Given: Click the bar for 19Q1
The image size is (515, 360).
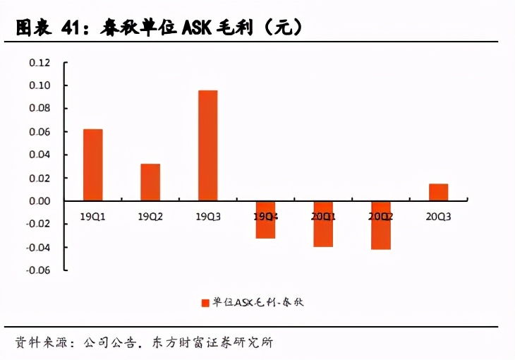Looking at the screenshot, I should click(x=92, y=164).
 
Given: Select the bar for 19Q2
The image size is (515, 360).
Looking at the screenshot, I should click(x=150, y=182).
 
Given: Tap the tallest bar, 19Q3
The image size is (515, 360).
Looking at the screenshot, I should click(x=207, y=145).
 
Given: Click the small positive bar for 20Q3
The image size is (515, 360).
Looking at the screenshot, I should click(x=438, y=192).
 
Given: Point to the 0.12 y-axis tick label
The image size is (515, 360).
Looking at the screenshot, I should click(x=40, y=63).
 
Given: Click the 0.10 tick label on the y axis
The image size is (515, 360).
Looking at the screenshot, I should click(x=40, y=85).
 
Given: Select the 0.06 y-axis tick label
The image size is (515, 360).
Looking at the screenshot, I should click(x=40, y=132).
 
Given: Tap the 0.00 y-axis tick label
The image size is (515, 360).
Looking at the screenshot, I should click(x=40, y=201).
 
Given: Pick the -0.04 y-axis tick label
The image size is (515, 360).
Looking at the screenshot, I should click(x=38, y=247).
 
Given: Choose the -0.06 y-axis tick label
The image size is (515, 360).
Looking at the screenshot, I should click(x=38, y=270).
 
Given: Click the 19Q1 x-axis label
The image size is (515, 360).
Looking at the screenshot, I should click(x=92, y=217).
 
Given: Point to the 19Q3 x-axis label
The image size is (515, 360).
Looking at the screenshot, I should click(x=207, y=217).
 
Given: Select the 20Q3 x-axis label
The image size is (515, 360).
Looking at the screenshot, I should click(x=438, y=217).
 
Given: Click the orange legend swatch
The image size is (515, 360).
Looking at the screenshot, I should click(x=205, y=302).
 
